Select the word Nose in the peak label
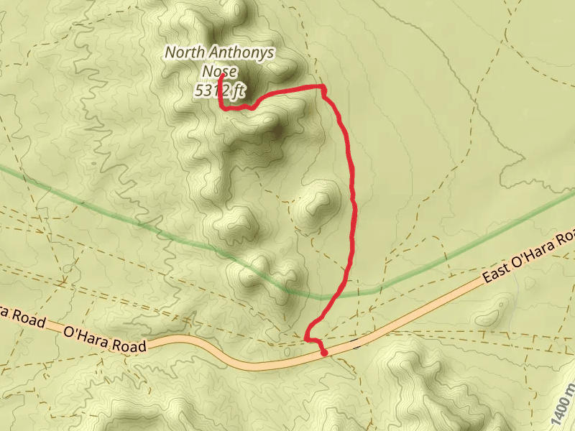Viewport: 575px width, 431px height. (220, 71)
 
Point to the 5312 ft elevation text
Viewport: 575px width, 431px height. (220, 91)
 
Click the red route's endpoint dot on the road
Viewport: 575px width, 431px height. (324, 353)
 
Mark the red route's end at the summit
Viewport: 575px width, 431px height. (221, 75)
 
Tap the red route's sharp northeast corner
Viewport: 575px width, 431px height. (323, 88)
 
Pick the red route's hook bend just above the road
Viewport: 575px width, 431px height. (308, 338)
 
